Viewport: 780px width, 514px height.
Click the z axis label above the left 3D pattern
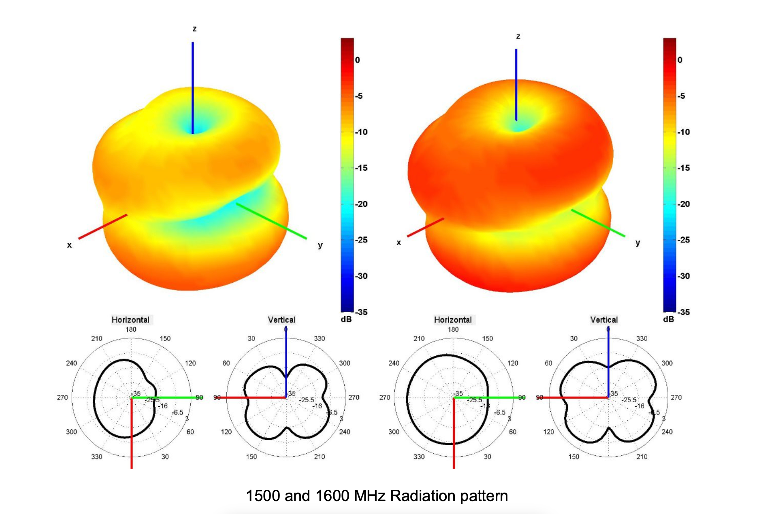(195, 29)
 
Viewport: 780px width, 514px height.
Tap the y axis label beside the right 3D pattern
(638, 243)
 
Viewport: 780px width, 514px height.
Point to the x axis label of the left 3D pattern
(69, 245)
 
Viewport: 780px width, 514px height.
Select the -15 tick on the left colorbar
(361, 168)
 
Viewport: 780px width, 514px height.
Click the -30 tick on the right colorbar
(684, 276)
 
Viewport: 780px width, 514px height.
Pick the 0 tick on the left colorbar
(357, 60)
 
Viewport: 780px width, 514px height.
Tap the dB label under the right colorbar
(669, 319)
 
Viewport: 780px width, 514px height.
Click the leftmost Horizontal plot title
(130, 320)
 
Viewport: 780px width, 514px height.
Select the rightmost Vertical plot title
(604, 320)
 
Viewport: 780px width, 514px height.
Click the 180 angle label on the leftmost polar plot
(131, 329)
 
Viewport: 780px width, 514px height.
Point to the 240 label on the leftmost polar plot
(71, 363)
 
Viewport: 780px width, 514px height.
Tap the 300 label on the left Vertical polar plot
(345, 363)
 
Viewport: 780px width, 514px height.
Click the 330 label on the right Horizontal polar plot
(419, 457)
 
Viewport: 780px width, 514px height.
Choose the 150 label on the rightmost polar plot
(574, 457)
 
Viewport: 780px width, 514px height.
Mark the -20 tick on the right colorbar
(684, 204)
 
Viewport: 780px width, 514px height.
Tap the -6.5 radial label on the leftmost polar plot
(178, 412)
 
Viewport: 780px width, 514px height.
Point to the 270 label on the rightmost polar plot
(676, 397)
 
